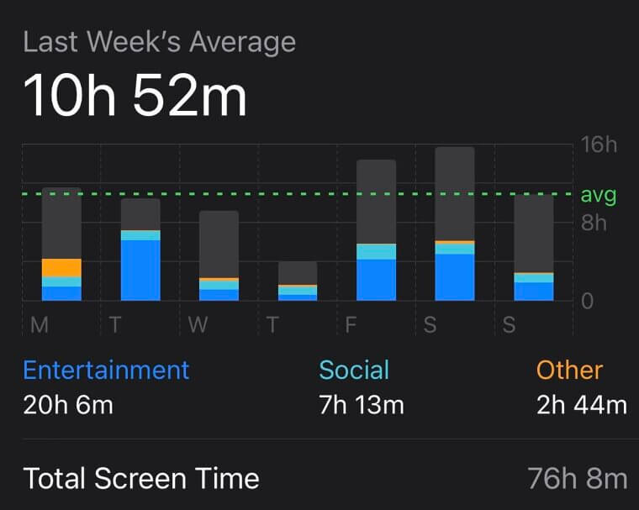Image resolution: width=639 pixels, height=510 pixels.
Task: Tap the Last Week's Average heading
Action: click(159, 42)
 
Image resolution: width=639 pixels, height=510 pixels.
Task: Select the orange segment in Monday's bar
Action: click(61, 267)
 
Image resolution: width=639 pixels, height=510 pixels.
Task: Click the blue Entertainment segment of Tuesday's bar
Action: click(140, 270)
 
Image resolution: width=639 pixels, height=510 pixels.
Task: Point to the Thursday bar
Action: click(298, 280)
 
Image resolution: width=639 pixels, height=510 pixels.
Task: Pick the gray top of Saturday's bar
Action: click(455, 193)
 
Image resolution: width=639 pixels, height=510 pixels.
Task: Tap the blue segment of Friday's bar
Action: click(376, 279)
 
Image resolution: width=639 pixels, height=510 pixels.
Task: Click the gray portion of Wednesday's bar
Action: click(219, 244)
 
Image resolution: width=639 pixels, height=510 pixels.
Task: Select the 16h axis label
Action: click(599, 145)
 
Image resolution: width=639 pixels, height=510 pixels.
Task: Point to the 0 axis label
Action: click(588, 301)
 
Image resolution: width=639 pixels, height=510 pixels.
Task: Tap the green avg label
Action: click(599, 196)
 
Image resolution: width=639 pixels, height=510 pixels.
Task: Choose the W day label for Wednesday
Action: click(198, 325)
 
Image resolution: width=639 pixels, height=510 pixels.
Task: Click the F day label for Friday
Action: click(351, 325)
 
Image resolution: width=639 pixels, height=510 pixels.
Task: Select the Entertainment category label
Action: click(106, 370)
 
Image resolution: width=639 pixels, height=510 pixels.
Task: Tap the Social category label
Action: click(354, 370)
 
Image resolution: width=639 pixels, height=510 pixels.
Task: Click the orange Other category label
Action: click(569, 370)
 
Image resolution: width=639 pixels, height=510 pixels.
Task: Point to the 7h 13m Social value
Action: click(362, 405)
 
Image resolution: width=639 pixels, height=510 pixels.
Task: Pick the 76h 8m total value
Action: click(577, 479)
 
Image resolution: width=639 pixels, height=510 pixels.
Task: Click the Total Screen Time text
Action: click(141, 479)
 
